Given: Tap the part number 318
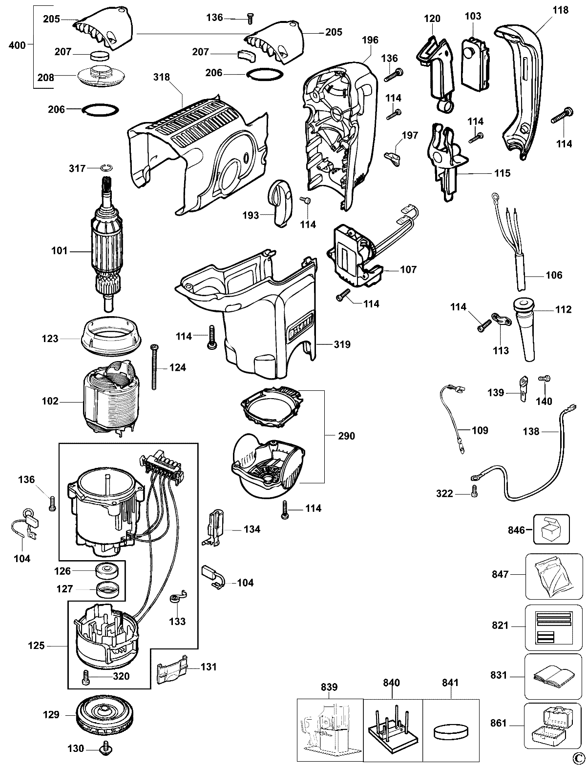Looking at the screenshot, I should pos(161,77).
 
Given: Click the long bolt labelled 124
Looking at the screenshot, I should pos(154,367).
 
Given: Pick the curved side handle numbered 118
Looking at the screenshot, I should pos(521,88).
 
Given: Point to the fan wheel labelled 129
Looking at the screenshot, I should pos(100,715).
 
